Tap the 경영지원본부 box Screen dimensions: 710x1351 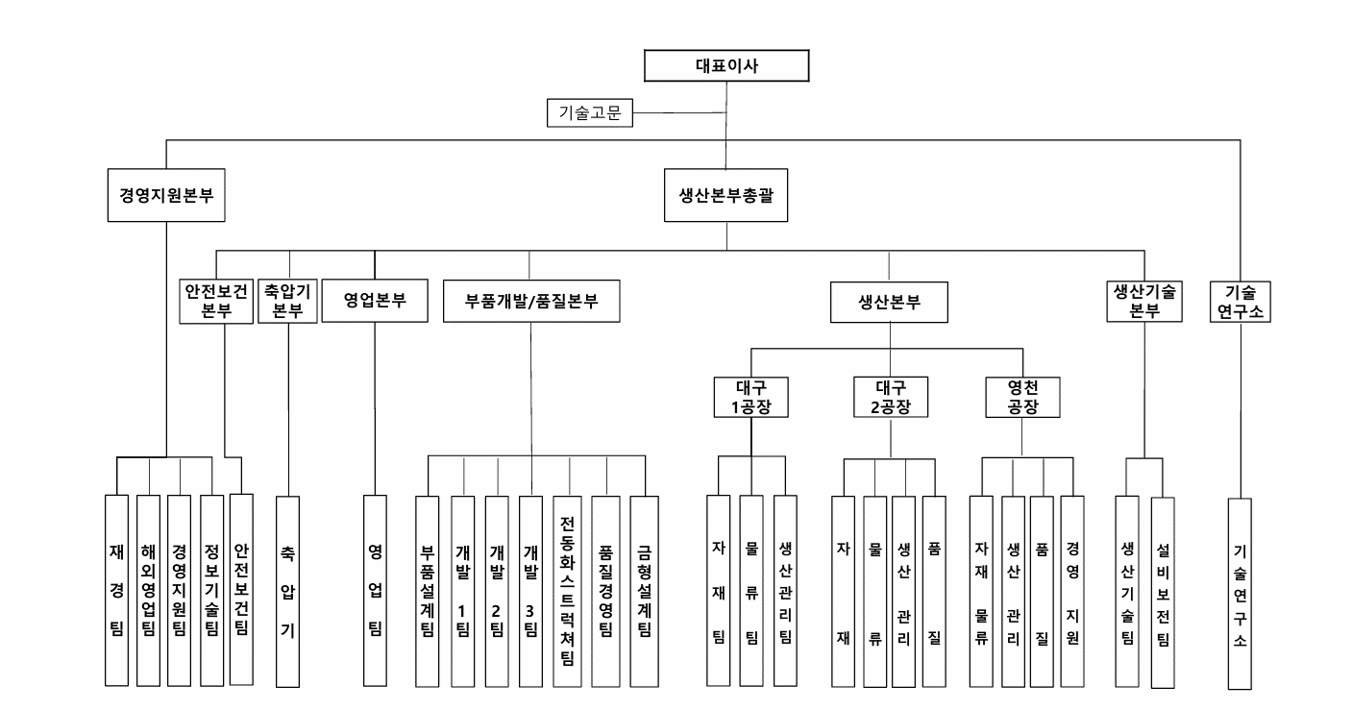(x=166, y=191)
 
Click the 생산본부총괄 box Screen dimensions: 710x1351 (x=726, y=191)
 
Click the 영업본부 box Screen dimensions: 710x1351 (x=375, y=300)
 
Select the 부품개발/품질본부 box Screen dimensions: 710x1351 (x=531, y=300)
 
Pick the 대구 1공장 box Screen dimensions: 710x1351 (x=750, y=397)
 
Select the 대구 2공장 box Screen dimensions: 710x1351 (x=893, y=397)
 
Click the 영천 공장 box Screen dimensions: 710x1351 (x=1022, y=397)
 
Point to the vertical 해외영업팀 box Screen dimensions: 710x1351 (x=148, y=590)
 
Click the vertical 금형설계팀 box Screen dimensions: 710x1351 (x=644, y=591)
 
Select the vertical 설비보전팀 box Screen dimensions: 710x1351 (x=1163, y=591)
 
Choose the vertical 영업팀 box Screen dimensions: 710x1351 (x=375, y=590)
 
